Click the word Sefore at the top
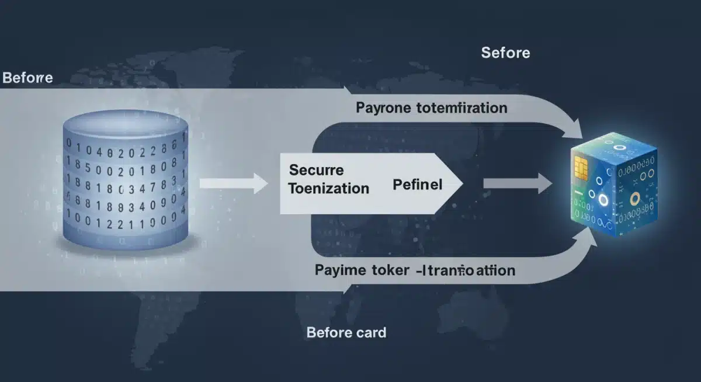point(505,53)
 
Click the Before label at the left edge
point(27,78)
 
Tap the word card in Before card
point(370,333)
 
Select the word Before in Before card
point(328,333)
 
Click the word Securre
point(316,170)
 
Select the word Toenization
point(329,188)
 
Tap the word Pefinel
point(418,185)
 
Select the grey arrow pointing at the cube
point(517,184)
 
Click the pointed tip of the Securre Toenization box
point(461,183)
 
